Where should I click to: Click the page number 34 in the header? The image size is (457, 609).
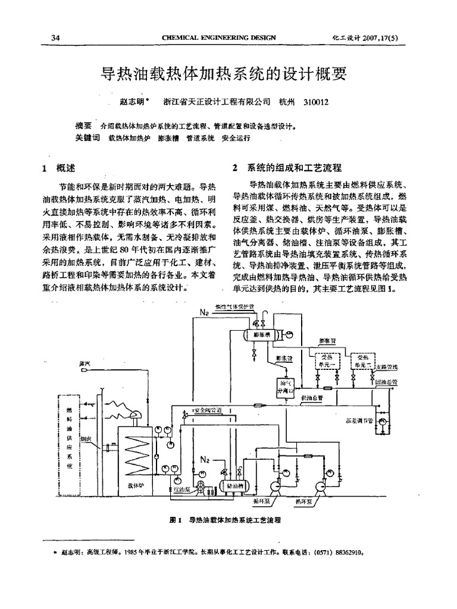coord(56,38)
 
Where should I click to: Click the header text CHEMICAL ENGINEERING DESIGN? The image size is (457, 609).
coord(219,38)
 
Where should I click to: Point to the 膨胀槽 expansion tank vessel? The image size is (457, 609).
coord(262,334)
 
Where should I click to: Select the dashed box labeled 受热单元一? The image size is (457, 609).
coord(326,360)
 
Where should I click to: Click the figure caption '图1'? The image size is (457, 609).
coord(176,519)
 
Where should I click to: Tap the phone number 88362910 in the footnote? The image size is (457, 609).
coord(346,552)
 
